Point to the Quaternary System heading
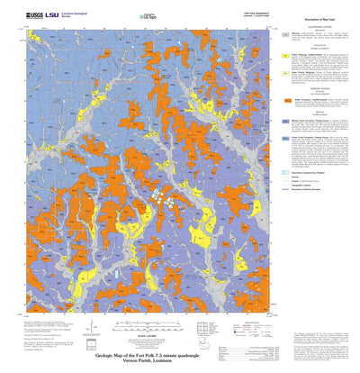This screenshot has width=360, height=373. click(x=319, y=27)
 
